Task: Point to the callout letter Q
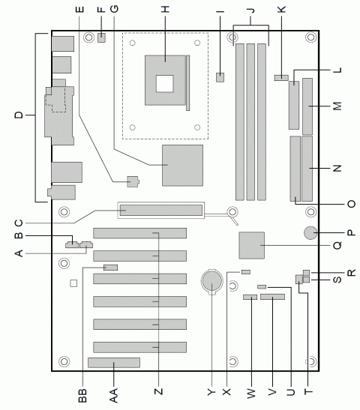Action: [337, 245]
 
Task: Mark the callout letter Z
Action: [158, 391]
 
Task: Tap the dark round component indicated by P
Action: [311, 233]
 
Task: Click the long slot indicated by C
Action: [159, 211]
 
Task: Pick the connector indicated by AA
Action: [114, 364]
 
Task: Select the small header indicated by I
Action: [220, 76]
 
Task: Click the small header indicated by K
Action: [281, 76]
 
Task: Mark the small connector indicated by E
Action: [133, 181]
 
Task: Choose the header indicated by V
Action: [273, 298]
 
